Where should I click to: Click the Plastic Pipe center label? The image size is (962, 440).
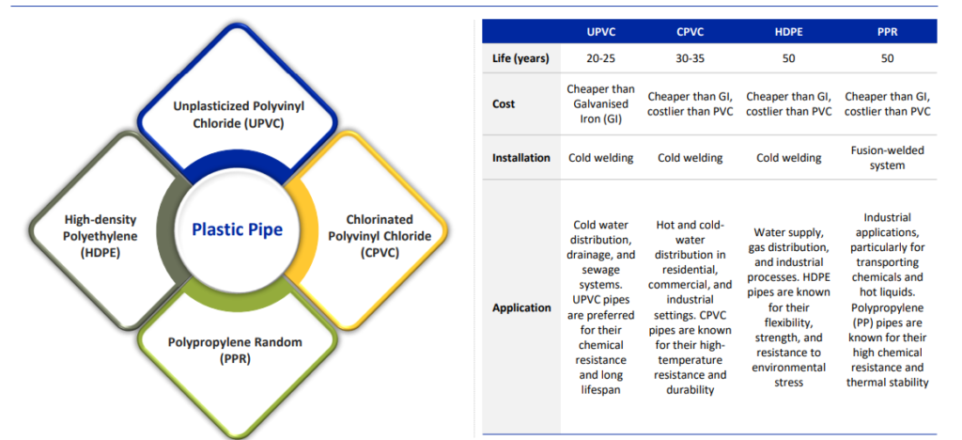point(238,229)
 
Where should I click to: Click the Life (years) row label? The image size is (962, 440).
point(520,59)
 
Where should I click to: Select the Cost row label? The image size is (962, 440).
point(504,104)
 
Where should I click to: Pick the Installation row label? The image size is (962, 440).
point(521,158)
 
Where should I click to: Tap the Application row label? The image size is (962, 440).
point(521,307)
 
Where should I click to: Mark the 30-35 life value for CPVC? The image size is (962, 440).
point(690,59)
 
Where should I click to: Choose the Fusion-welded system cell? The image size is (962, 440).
point(887,158)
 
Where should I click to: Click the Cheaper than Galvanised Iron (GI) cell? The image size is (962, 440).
point(592,104)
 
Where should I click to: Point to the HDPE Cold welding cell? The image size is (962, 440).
point(788,158)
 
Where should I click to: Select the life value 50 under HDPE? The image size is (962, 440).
point(788,59)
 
